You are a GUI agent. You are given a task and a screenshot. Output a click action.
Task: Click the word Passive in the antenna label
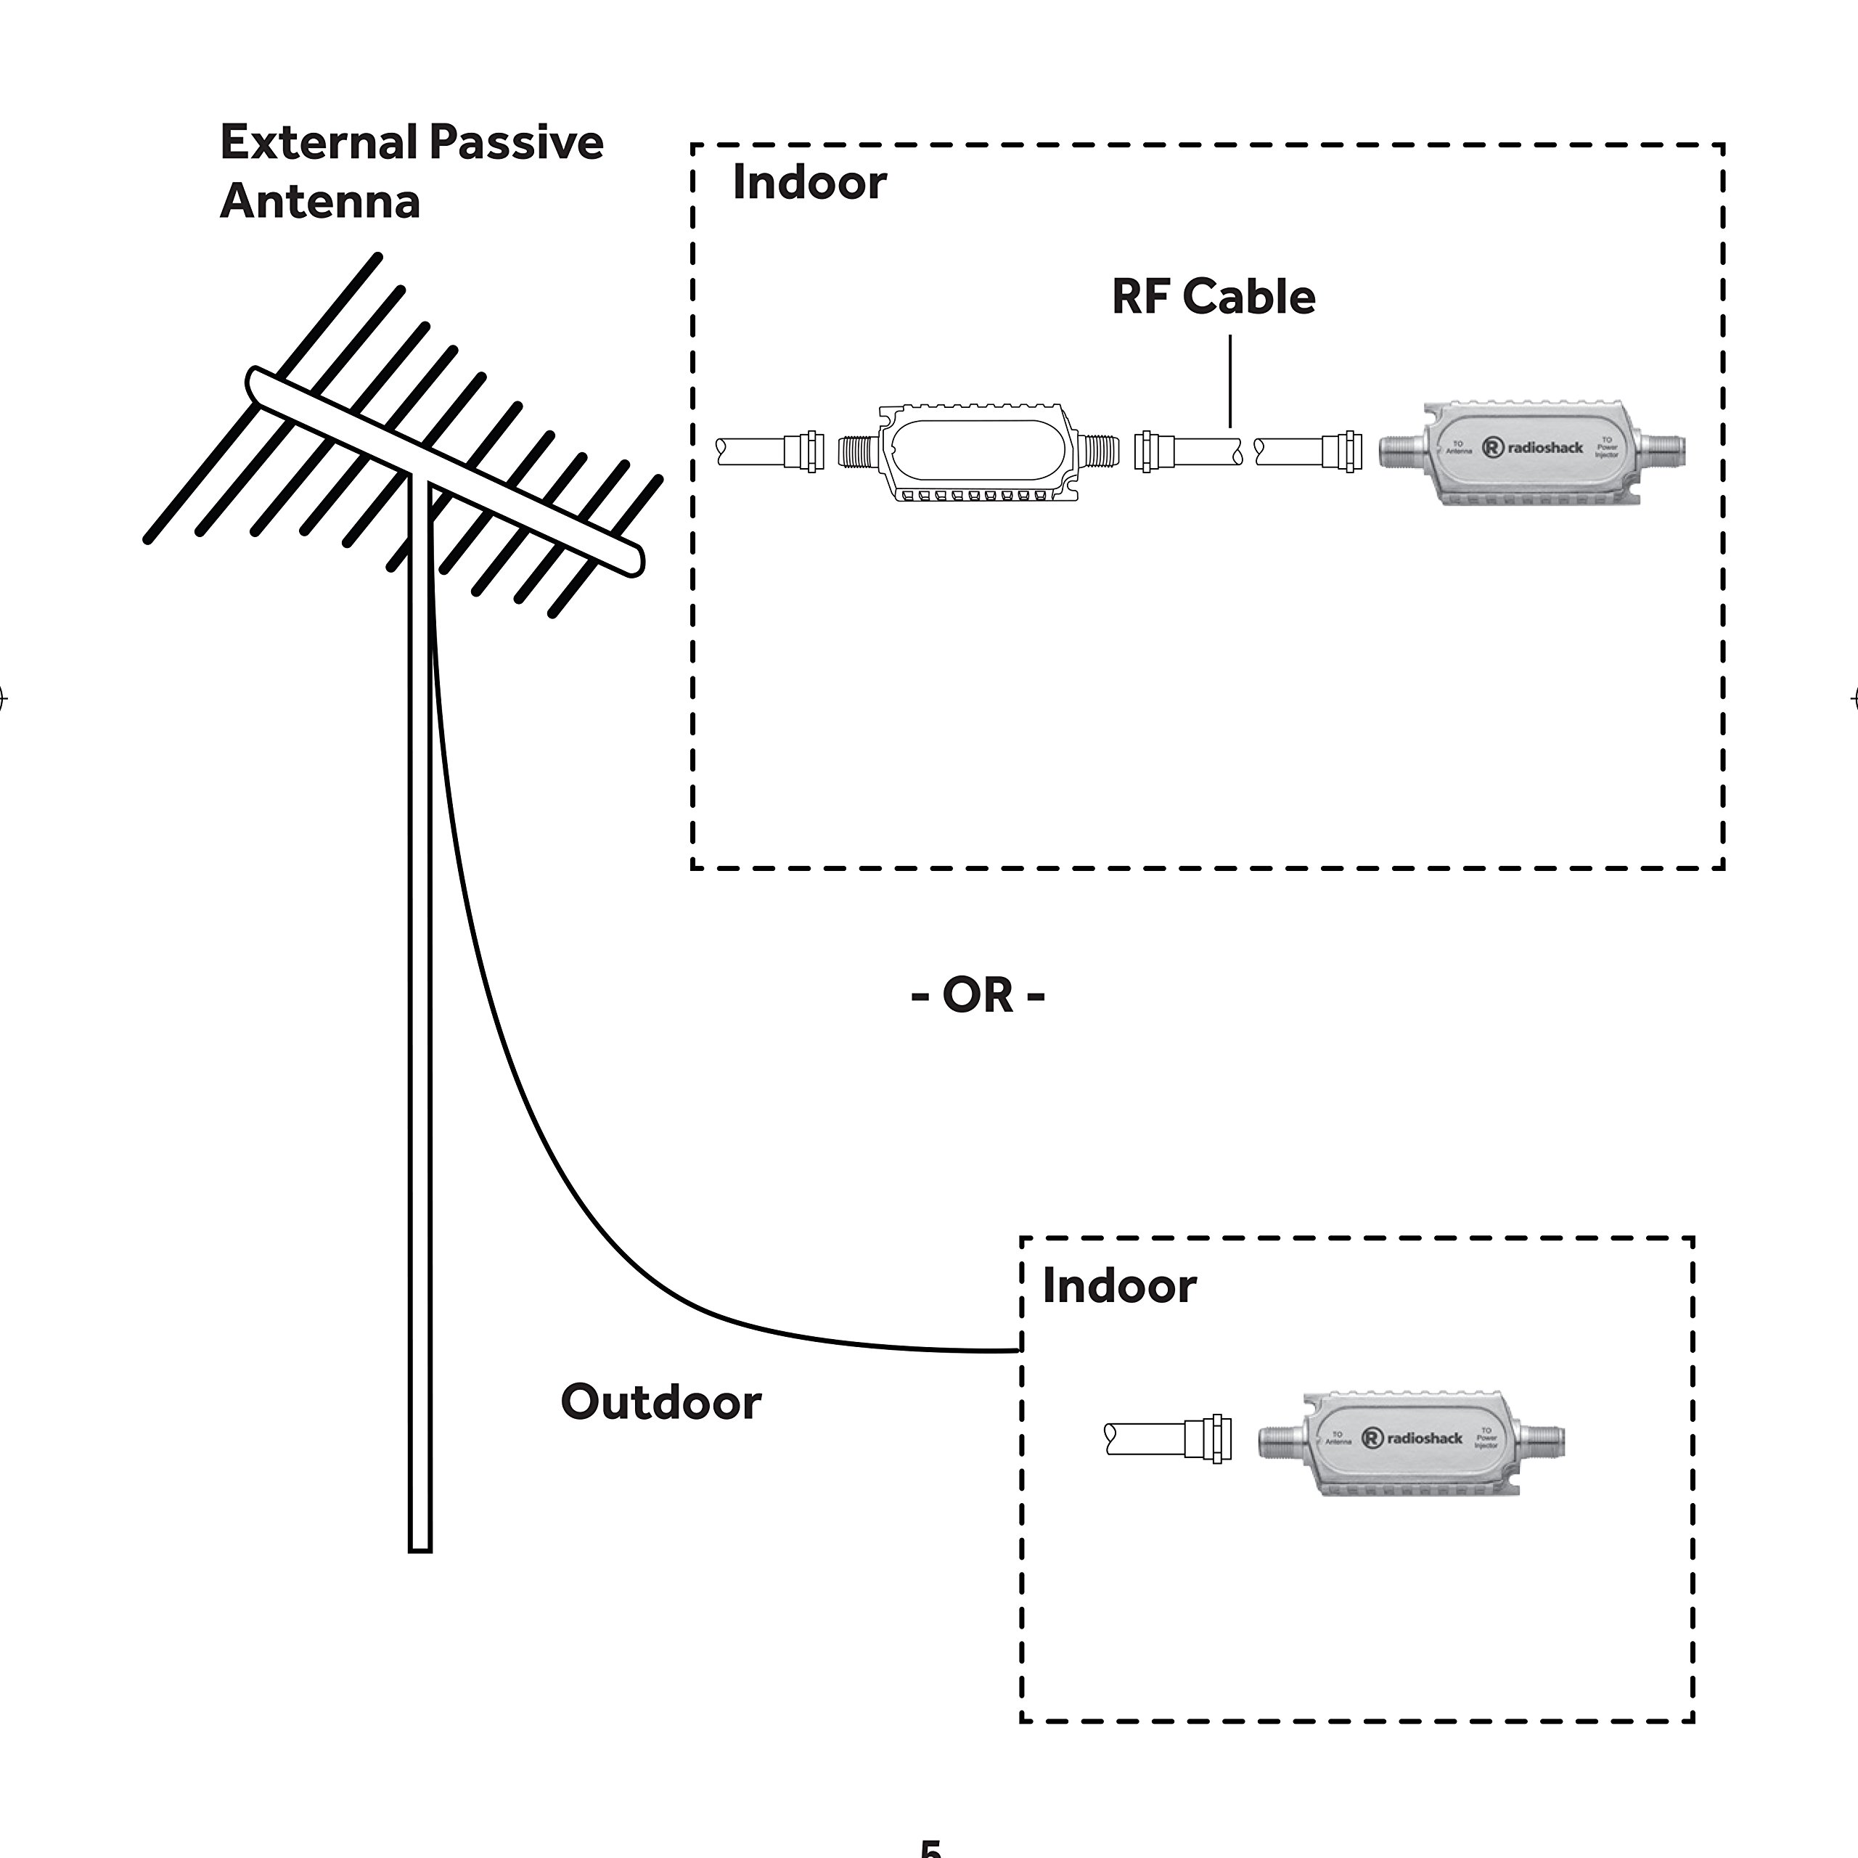tap(517, 142)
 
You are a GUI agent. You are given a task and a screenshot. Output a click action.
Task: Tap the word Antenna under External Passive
tap(320, 202)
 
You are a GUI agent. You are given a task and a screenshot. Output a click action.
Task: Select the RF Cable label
tap(1213, 296)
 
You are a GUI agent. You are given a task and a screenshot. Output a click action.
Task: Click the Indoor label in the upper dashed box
tap(809, 183)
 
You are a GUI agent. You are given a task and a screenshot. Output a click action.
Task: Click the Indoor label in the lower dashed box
tap(1118, 1287)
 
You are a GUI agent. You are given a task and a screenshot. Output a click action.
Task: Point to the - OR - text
tap(977, 994)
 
